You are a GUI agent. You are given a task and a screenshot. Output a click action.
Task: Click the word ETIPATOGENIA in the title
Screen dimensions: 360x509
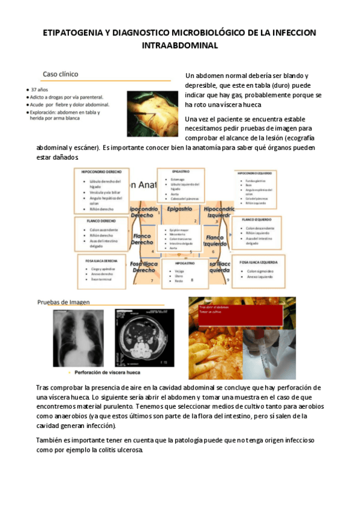click(x=69, y=32)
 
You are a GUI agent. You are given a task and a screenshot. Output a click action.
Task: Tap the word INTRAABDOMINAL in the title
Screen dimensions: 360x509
click(x=180, y=45)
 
